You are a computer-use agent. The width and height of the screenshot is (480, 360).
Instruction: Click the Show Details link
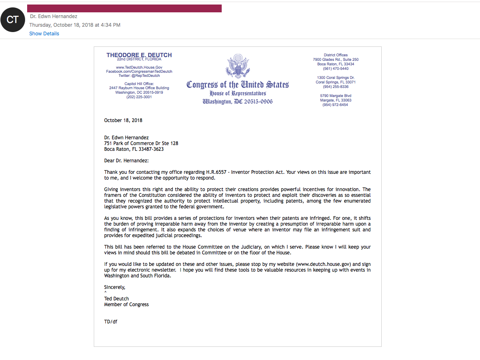point(44,34)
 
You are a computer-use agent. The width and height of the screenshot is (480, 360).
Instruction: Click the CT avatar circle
point(13,20)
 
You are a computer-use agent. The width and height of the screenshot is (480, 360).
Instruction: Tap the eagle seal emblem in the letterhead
point(238,66)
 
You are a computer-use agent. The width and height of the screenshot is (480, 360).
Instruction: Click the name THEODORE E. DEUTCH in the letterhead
point(139,55)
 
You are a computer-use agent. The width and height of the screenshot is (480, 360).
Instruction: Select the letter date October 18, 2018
point(123,120)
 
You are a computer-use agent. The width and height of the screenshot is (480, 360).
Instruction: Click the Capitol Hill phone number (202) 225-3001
point(139,97)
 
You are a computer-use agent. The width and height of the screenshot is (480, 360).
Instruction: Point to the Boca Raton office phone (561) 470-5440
point(336,69)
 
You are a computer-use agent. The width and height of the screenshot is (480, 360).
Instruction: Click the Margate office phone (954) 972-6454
point(336,105)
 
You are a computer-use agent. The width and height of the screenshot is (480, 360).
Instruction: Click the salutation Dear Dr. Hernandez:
point(126,161)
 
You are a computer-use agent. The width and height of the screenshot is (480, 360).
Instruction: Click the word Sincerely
point(114,287)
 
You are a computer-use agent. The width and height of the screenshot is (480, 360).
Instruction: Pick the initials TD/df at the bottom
point(111,322)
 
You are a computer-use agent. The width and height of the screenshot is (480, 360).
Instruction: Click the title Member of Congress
point(126,305)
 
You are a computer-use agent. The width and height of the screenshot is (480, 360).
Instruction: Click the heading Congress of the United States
point(238,85)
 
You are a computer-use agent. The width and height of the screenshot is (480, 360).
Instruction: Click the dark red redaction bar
point(124,9)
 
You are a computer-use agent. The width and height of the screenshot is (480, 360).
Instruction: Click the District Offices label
point(336,55)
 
